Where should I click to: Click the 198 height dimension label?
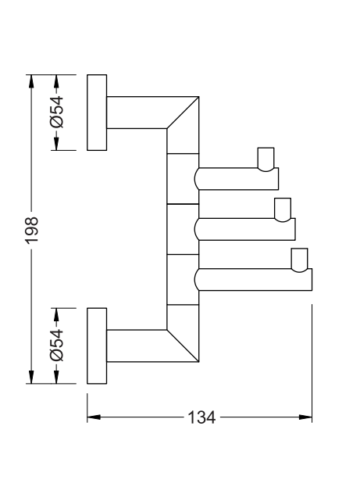point(32,230)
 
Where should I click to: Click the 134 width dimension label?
point(201,417)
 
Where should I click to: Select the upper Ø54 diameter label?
point(57,112)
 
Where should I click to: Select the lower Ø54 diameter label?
point(57,346)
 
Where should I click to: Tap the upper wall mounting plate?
point(97,113)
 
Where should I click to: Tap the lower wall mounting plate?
point(97,346)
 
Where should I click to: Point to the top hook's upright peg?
point(266,159)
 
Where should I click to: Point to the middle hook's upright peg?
point(283,209)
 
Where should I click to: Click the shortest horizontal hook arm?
point(237,179)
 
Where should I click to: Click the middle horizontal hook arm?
point(245,229)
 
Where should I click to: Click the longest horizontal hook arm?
point(253,280)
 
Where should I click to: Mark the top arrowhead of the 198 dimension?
point(31,81)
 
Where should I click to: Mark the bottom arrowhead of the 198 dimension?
point(31,377)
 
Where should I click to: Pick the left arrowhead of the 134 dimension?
point(94,417)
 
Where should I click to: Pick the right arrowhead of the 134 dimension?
point(305,417)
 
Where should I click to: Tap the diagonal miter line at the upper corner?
point(183,113)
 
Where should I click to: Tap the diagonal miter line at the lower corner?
point(183,346)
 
